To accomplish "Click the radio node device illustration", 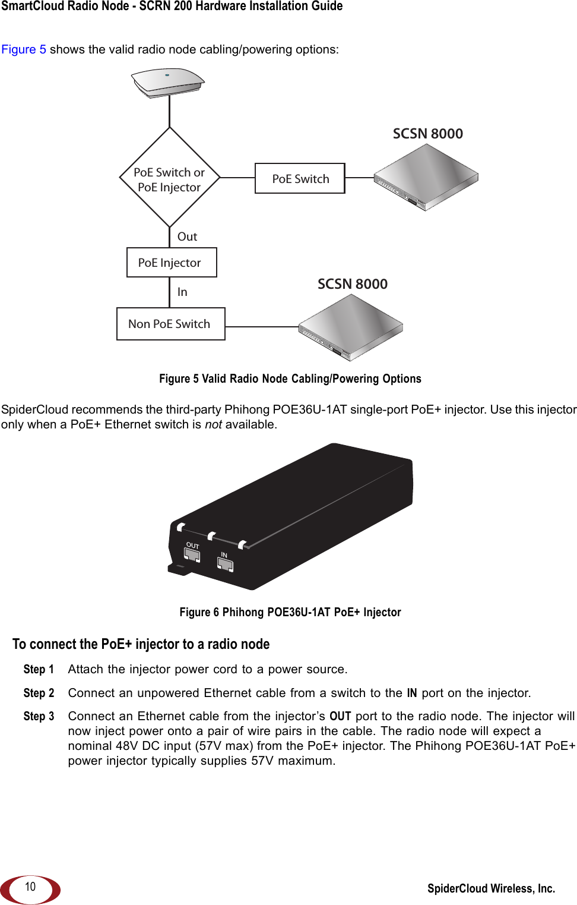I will pyautogui.click(x=168, y=81).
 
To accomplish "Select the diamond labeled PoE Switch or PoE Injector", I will pyautogui.click(x=170, y=178).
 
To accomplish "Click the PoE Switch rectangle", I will pyautogui.click(x=300, y=178).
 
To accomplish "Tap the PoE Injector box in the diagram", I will pyautogui.click(x=172, y=263).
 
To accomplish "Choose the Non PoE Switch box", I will pyautogui.click(x=170, y=324).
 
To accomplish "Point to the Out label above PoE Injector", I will pyautogui.click(x=187, y=237).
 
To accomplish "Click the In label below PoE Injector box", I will pyautogui.click(x=182, y=292).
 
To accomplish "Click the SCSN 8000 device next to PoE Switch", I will pyautogui.click(x=426, y=177).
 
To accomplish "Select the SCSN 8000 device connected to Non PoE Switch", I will pyautogui.click(x=351, y=327).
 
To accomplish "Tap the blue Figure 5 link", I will pyautogui.click(x=24, y=49).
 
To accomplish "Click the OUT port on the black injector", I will pyautogui.click(x=192, y=555).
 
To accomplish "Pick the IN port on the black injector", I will pyautogui.click(x=226, y=564).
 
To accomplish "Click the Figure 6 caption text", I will pyautogui.click(x=290, y=612).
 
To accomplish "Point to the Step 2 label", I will pyautogui.click(x=39, y=693).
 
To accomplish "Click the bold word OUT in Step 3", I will pyautogui.click(x=340, y=716).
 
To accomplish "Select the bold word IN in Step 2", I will pyautogui.click(x=411, y=693).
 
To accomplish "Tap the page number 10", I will pyautogui.click(x=30, y=887).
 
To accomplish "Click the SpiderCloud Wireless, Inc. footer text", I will pyautogui.click(x=491, y=888).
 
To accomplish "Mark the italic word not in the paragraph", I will pyautogui.click(x=213, y=424).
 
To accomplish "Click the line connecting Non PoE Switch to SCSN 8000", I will pyautogui.click(x=261, y=327).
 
